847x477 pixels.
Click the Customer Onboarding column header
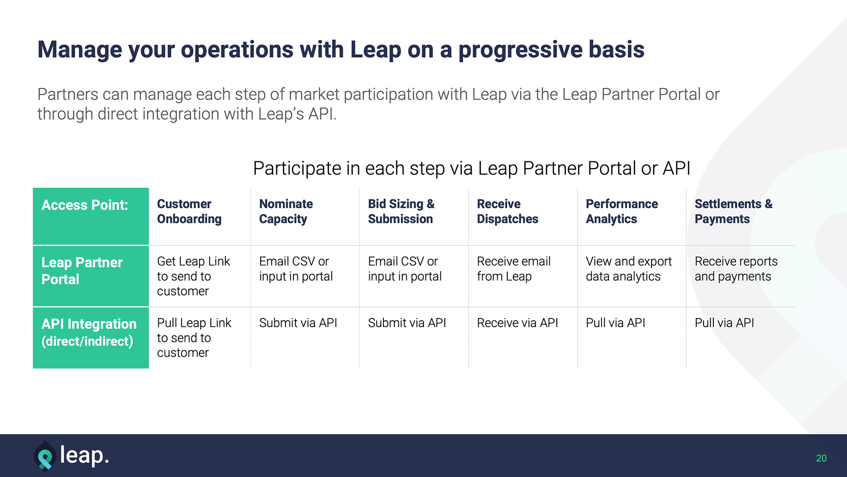point(189,212)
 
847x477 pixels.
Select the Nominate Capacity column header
point(286,212)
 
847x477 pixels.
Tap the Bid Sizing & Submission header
point(401,212)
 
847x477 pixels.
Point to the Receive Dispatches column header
point(507,212)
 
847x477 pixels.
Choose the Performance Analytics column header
point(622,212)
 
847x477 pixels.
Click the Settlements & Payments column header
point(734,212)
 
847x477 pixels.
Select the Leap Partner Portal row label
point(82,271)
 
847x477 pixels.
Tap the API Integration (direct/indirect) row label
point(89,333)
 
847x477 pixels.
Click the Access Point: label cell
point(85,205)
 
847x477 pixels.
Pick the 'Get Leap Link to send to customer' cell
point(194,276)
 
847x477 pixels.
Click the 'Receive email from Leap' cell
point(513,269)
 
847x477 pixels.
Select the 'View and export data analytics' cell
point(629,269)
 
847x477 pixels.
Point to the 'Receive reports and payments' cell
point(736,269)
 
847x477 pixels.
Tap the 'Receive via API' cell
point(517,323)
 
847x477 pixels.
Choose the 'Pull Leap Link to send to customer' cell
point(194,337)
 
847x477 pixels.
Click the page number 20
point(821,458)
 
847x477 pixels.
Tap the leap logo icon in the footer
point(45,456)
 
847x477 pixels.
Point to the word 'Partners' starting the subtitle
point(68,94)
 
